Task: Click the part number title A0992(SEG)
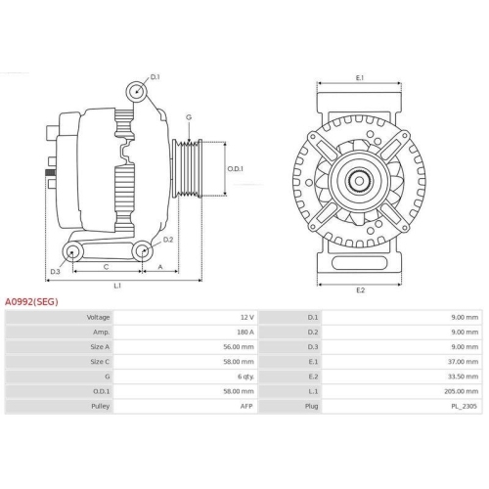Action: point(31,302)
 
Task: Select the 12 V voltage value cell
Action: point(245,318)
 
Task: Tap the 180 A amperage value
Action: point(244,332)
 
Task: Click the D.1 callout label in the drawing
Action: point(155,76)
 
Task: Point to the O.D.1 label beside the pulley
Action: point(235,167)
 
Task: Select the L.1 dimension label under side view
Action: point(117,286)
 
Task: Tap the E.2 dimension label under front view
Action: point(359,289)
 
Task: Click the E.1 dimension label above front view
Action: point(359,77)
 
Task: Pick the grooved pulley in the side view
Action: point(188,168)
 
